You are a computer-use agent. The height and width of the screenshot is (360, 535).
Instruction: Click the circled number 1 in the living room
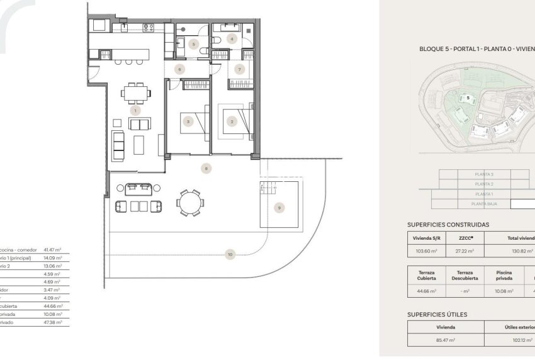pos(135,110)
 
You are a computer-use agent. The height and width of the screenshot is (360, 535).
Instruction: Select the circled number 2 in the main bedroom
pos(232,121)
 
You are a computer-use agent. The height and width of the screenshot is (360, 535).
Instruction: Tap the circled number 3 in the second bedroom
pos(188,121)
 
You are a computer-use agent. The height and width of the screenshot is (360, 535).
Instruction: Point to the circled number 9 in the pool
pos(280,207)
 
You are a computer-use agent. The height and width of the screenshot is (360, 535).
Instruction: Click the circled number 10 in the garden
pos(230,254)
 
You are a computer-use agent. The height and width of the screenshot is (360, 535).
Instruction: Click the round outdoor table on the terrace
pos(189,203)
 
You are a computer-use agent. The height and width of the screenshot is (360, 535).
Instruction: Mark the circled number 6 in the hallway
pos(179,69)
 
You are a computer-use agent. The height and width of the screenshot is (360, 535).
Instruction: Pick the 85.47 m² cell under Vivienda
pos(446,340)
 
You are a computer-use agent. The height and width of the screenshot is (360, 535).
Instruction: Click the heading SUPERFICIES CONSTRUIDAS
pos(448,224)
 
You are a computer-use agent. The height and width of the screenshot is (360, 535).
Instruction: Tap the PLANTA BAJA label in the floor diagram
pos(483,205)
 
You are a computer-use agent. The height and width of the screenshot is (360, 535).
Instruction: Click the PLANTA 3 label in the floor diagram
pos(483,174)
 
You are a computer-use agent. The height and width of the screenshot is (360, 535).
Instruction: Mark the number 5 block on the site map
pos(468,98)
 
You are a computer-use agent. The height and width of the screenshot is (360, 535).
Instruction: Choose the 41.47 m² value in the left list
pos(53,250)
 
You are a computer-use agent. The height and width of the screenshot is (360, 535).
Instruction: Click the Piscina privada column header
pos(503,274)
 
